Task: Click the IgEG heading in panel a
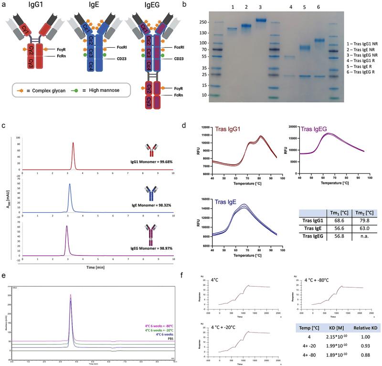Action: coord(143,7)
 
